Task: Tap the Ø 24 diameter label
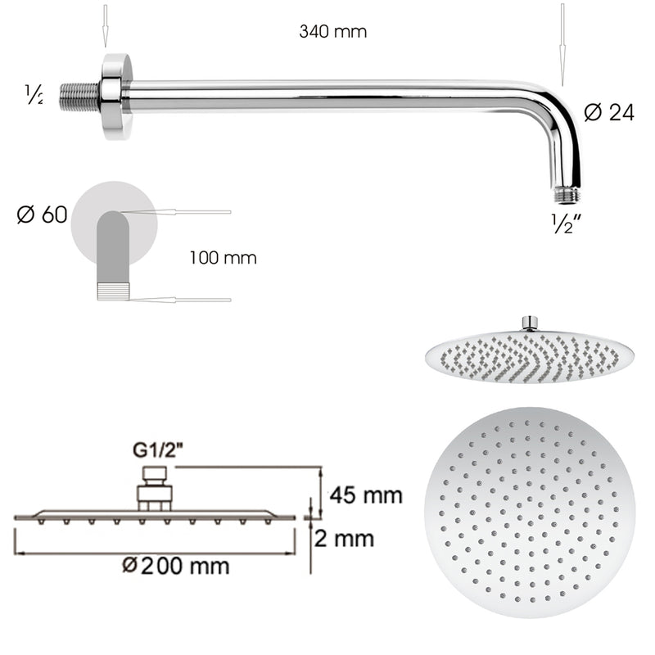click(609, 113)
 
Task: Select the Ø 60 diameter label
click(42, 216)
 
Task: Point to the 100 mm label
click(223, 259)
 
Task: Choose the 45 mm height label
click(365, 495)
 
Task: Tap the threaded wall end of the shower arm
click(80, 95)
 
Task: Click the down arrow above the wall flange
click(106, 25)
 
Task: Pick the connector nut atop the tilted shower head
click(530, 323)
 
